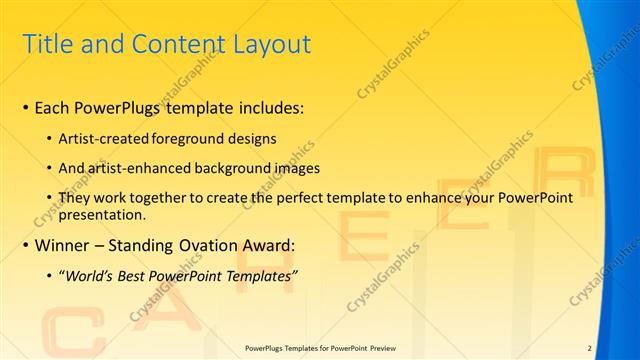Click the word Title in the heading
49,44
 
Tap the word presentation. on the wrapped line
103,215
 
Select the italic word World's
91,276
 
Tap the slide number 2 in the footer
590,347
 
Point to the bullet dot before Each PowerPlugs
25,107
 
